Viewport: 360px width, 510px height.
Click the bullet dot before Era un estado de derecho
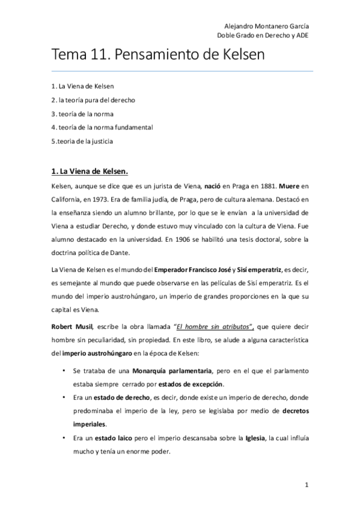pyautogui.click(x=63, y=398)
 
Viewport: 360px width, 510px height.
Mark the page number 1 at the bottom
pyautogui.click(x=307, y=485)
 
